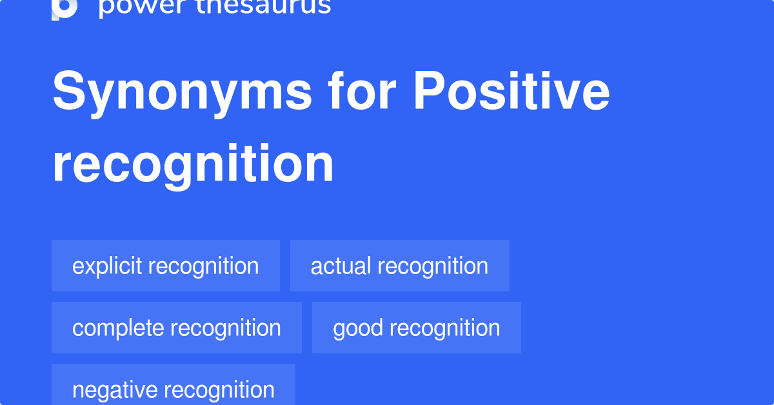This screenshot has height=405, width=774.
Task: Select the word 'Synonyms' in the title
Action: point(182,93)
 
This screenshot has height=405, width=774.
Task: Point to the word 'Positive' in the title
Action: point(511,90)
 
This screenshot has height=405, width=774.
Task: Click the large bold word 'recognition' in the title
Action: point(193,165)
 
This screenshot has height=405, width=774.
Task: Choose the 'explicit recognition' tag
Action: point(166,266)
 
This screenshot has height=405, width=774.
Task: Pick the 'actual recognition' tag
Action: point(400,266)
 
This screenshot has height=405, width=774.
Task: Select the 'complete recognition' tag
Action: point(177,328)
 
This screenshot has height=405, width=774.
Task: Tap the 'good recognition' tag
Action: point(417,328)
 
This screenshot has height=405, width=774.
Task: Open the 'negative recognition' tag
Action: point(174,384)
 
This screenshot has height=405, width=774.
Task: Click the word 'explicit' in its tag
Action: point(107,267)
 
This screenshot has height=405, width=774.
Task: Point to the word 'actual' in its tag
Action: point(341,266)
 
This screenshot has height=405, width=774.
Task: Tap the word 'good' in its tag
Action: point(358,328)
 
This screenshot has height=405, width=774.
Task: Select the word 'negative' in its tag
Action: point(115,390)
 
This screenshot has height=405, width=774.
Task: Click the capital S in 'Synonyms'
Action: point(69,90)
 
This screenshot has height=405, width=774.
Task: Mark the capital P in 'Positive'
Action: point(428,90)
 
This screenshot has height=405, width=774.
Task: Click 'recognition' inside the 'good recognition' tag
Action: point(445,328)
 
